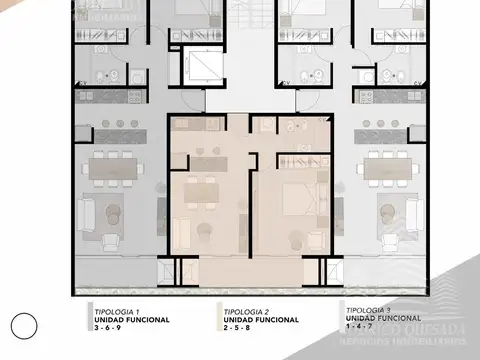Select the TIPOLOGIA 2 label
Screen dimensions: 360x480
point(246,311)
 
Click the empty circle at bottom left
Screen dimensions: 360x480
point(24,324)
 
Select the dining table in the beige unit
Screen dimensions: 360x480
point(198,189)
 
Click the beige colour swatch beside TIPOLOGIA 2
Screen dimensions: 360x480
point(218,317)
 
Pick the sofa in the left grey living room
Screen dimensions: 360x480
point(85,212)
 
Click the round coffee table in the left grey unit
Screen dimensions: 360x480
point(113,211)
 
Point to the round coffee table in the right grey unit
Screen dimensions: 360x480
point(389,211)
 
